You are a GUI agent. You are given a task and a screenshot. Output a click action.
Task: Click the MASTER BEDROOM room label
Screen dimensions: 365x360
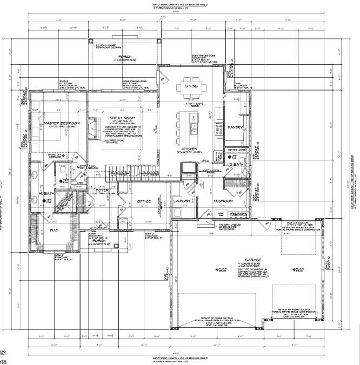coord(62,123)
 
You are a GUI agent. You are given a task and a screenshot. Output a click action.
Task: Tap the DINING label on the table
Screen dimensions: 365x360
coord(191,86)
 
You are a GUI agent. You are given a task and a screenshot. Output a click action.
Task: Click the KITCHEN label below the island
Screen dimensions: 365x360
coord(189,148)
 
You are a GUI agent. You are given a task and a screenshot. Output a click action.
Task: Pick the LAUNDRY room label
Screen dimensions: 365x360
coord(183,201)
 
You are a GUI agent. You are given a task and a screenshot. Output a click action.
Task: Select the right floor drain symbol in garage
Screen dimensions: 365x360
coord(289,268)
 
